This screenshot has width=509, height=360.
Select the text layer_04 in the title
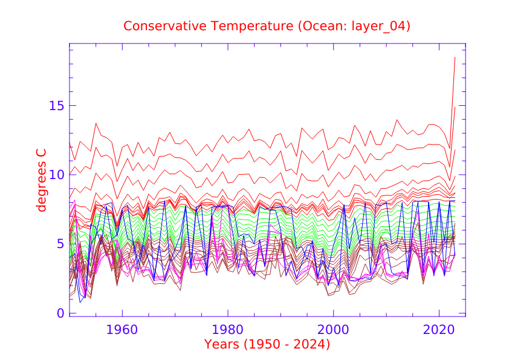pos(375,26)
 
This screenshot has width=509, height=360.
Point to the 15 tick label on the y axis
pos(56,105)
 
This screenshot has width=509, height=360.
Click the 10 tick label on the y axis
pos(56,175)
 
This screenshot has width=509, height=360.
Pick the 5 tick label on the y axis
pos(60,244)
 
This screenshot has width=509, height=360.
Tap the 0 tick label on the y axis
pos(60,313)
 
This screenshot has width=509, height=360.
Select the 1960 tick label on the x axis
pos(123,331)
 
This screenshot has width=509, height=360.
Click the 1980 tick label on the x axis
pos(228,331)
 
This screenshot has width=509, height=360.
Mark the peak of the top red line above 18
pos(455,57)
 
